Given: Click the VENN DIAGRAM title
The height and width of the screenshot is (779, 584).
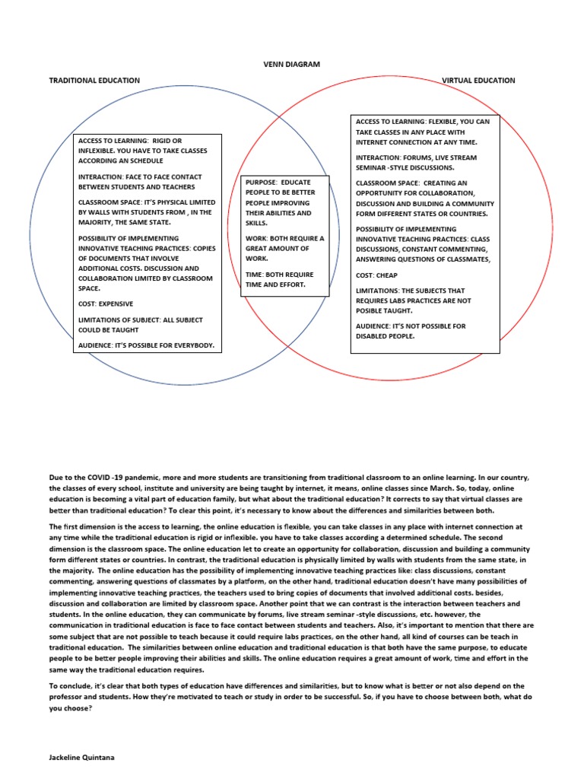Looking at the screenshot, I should [x=291, y=65].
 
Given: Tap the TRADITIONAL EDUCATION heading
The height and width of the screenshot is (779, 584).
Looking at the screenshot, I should [x=94, y=80].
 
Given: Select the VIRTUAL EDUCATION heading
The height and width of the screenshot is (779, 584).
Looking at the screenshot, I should [x=478, y=80].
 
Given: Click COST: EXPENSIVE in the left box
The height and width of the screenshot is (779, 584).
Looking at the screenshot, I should [x=106, y=304].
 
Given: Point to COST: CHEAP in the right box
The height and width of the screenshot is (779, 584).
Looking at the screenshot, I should [x=376, y=275].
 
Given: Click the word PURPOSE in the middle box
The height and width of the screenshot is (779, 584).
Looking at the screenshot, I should [x=260, y=183].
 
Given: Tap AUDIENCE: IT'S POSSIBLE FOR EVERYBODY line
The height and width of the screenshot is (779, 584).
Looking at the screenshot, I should [x=146, y=345].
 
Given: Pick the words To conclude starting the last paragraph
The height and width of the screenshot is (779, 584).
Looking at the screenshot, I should [x=68, y=685].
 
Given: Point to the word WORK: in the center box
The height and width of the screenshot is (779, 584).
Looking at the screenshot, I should [x=257, y=238].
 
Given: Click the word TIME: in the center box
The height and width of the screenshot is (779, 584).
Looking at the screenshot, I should [x=255, y=274].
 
